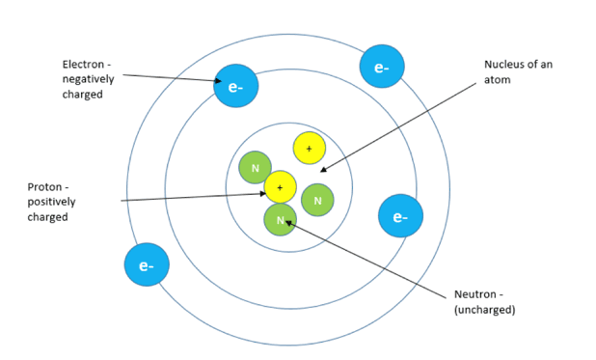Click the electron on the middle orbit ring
[x=236, y=86]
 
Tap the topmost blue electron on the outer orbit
[x=381, y=67]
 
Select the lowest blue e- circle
[x=147, y=264]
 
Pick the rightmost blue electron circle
[x=400, y=216]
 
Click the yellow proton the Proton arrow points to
[x=280, y=186]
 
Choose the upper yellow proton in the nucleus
[x=309, y=148]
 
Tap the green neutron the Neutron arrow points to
[x=281, y=220]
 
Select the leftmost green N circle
[x=256, y=168]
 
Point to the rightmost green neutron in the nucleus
[x=317, y=200]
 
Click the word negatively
[x=90, y=80]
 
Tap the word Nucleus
[x=503, y=66]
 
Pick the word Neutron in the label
[x=476, y=293]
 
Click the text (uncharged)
[x=485, y=309]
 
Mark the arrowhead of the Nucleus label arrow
[x=323, y=171]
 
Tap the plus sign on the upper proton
[x=309, y=148]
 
